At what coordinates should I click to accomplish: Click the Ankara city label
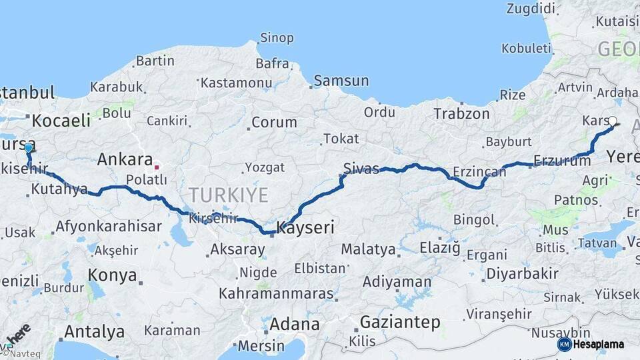(125, 159)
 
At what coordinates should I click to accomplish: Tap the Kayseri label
(305, 227)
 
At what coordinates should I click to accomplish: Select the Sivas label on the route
(361, 168)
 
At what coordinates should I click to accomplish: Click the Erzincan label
(479, 172)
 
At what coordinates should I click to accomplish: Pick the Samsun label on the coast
(341, 81)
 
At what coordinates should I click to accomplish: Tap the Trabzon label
(461, 113)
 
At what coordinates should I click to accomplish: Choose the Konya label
(112, 275)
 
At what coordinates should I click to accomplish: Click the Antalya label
(94, 331)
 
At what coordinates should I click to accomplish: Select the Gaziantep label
(400, 323)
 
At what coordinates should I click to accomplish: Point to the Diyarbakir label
(522, 273)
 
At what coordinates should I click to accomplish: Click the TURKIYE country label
(228, 195)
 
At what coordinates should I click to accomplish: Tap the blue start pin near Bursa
(28, 147)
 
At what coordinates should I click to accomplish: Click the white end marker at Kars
(613, 121)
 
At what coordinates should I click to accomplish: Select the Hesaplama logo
(591, 344)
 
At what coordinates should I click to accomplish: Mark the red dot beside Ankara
(157, 167)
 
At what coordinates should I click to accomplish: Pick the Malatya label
(368, 249)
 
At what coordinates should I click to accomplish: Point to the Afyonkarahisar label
(108, 226)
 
